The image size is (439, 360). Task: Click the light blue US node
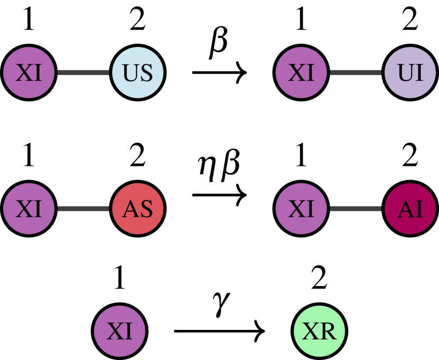click(137, 73)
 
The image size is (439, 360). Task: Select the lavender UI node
click(410, 73)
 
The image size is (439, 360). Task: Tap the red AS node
click(137, 209)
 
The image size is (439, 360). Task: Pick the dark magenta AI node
click(410, 209)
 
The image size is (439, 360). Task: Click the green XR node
click(319, 331)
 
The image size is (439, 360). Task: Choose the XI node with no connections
click(119, 331)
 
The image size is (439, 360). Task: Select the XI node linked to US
click(29, 73)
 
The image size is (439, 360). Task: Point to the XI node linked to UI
click(302, 73)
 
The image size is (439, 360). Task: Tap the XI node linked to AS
click(29, 209)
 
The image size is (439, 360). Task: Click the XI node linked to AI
click(302, 209)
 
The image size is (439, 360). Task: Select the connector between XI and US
click(83, 73)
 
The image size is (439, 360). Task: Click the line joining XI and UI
click(356, 73)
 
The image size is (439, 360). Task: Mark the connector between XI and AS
click(83, 209)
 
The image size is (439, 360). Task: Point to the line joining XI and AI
click(356, 209)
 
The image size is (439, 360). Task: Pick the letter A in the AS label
click(130, 210)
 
